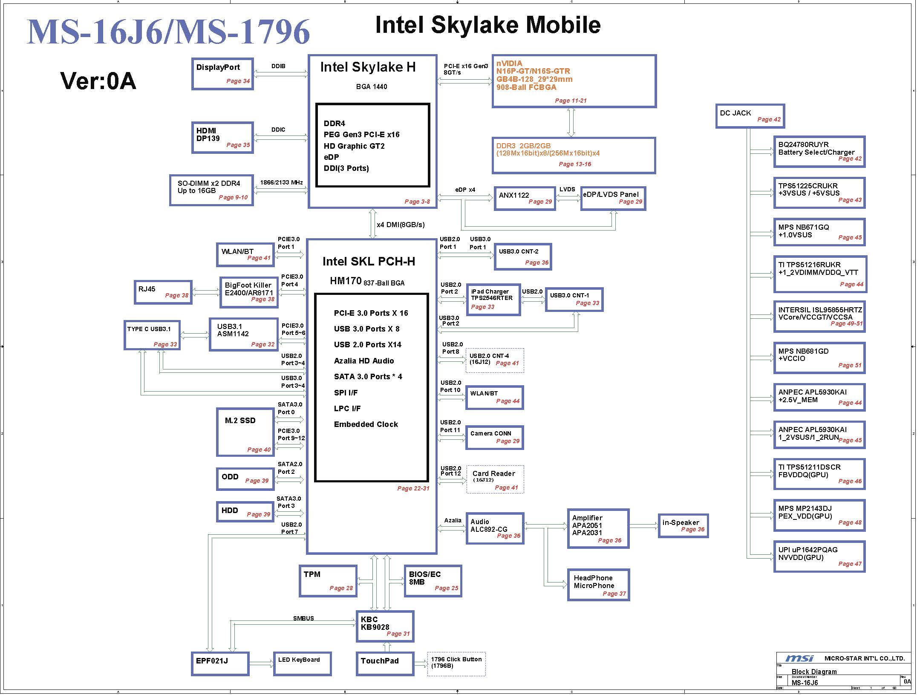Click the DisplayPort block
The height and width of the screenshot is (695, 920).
[222, 74]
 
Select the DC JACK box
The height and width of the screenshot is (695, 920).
[750, 116]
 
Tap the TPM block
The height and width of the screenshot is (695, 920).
[328, 581]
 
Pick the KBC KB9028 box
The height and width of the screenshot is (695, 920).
[385, 626]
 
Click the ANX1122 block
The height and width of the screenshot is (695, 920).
[525, 198]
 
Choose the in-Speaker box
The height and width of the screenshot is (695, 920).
[683, 525]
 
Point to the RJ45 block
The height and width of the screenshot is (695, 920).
[163, 292]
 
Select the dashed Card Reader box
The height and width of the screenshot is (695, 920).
[495, 479]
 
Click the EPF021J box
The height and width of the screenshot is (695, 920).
[220, 663]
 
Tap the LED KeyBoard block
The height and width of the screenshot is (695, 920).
[302, 663]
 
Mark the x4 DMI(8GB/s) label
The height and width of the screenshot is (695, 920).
[401, 225]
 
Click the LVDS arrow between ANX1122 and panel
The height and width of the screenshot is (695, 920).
[568, 198]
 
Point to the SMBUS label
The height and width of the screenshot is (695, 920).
[303, 618]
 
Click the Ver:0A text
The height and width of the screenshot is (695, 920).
[98, 81]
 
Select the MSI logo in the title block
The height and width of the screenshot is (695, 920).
[799, 658]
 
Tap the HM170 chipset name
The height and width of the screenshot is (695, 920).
[346, 281]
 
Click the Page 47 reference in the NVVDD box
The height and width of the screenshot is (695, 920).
[850, 564]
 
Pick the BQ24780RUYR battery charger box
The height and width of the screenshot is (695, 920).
[819, 152]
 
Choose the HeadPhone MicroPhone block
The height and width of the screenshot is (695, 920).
[598, 585]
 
